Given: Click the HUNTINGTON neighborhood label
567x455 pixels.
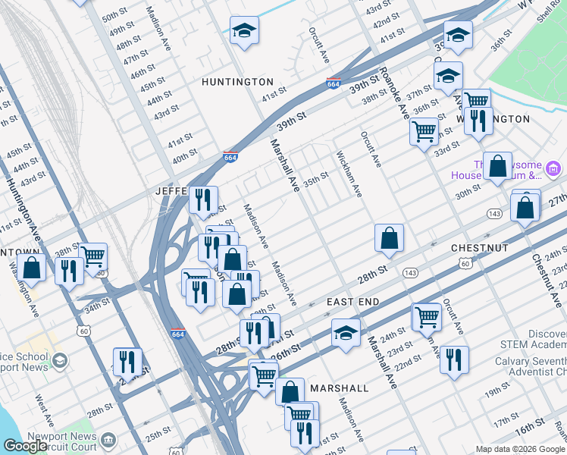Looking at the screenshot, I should tap(237, 81).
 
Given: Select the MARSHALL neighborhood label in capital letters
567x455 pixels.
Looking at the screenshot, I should tap(339, 388).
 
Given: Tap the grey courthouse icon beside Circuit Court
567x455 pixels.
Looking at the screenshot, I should tap(108, 440).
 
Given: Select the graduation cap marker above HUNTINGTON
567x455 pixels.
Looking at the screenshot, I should tap(244, 31).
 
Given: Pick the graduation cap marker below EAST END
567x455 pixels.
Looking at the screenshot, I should tap(346, 333).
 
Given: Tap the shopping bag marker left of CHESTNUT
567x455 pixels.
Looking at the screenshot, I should tap(388, 238).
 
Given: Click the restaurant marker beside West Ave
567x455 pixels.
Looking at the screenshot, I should tap(127, 362).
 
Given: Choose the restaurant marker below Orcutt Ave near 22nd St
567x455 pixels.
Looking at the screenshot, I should tap(453, 359).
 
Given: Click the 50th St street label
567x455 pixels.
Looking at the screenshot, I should tap(114, 16).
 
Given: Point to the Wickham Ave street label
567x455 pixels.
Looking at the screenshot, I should tap(349, 174).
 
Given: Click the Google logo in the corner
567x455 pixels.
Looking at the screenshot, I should tap(25, 446).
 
